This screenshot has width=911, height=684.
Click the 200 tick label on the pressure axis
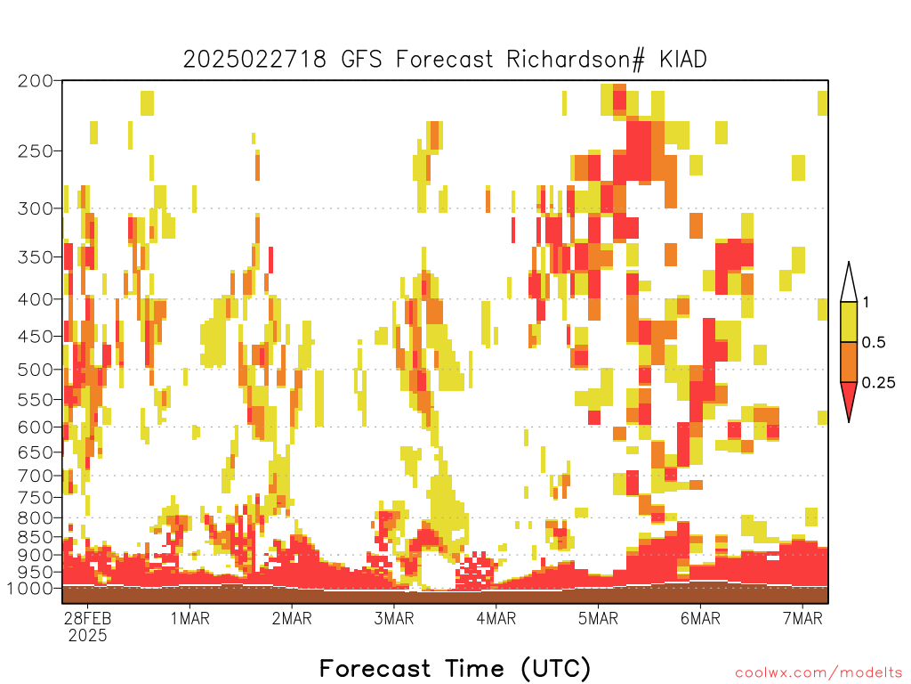(35, 81)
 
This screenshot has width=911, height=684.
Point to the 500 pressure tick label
(35, 370)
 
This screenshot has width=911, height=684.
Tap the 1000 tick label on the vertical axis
(30, 589)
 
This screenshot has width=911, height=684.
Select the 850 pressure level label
(35, 537)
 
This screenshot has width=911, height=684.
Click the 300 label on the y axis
(35, 208)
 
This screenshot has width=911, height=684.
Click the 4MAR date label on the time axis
(496, 618)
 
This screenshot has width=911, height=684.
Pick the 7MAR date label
(802, 618)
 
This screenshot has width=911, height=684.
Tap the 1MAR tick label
(190, 618)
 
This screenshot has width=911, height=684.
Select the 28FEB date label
(88, 618)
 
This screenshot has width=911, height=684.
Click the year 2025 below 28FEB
(88, 635)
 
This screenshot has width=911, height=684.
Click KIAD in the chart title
(682, 60)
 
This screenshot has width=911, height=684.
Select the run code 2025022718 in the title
(255, 60)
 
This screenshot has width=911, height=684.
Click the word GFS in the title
(361, 60)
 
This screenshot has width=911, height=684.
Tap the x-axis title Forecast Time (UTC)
(455, 668)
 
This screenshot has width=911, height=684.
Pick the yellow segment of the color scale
(849, 322)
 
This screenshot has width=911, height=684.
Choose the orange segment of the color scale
(849, 362)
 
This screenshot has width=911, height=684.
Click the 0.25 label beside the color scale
(878, 383)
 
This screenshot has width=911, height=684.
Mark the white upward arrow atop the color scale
(849, 282)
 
